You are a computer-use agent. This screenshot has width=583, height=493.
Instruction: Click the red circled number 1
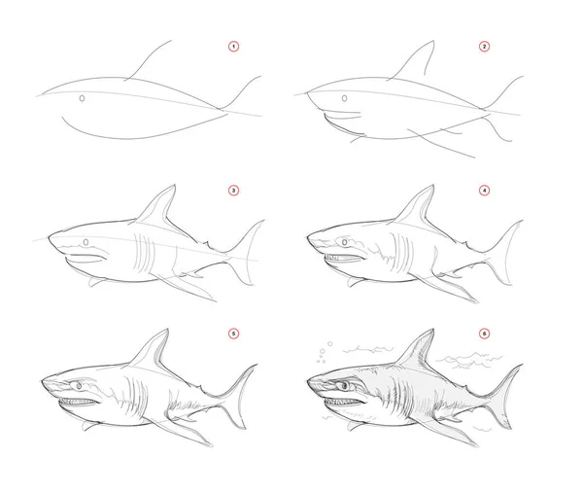(x=233, y=47)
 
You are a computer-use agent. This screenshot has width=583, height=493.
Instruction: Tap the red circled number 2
(x=484, y=47)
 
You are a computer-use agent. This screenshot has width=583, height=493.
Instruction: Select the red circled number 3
(x=233, y=191)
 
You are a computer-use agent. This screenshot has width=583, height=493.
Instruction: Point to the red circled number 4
(x=484, y=191)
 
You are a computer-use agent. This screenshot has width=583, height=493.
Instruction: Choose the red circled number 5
(x=233, y=334)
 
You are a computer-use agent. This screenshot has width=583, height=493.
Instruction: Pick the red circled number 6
(x=484, y=334)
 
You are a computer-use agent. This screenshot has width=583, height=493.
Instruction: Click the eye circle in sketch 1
(x=83, y=98)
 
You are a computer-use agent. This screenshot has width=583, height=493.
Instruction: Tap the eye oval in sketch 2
(x=345, y=98)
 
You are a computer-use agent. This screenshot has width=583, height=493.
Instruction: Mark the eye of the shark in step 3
(x=86, y=242)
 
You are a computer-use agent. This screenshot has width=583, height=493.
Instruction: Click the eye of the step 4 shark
(x=345, y=242)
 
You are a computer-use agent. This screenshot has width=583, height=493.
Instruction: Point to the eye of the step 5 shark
(x=80, y=386)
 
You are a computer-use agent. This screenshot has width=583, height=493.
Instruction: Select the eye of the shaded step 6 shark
(x=345, y=386)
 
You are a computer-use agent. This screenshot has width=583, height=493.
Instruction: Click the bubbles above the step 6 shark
(x=324, y=352)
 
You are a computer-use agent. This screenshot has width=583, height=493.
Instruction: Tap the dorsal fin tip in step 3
(x=174, y=185)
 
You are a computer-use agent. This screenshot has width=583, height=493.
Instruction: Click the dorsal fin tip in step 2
(x=432, y=41)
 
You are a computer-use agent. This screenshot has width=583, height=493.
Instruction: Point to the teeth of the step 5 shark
(x=79, y=402)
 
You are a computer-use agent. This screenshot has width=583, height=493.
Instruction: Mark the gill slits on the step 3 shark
(x=144, y=253)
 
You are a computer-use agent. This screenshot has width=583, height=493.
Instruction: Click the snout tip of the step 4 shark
(x=308, y=236)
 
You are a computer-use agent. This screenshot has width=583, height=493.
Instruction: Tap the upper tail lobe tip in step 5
(x=257, y=365)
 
